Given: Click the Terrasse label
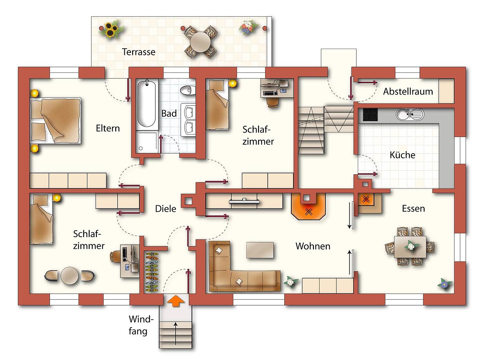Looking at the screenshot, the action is click(138, 52).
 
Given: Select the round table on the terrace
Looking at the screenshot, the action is click(200, 42).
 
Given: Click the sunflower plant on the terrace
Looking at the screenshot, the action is click(111, 30).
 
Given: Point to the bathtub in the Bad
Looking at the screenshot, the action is click(146, 104).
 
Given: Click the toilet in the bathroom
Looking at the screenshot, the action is click(188, 90).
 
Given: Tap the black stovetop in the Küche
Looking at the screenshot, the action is click(370, 115).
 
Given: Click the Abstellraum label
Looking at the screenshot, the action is click(408, 91).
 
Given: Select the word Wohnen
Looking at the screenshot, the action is click(313, 246).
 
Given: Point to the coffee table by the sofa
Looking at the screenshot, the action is click(260, 250).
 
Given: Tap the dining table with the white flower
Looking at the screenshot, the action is click(410, 247).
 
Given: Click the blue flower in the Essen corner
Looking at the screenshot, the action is click(445, 284).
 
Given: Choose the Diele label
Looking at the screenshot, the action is click(166, 209).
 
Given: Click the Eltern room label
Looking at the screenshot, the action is click(108, 128).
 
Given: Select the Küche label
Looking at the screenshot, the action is click(402, 155).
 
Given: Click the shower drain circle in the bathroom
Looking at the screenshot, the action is click(141, 148).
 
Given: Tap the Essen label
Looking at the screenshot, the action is click(413, 208).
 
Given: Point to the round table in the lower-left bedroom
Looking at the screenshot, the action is click(69, 276).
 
